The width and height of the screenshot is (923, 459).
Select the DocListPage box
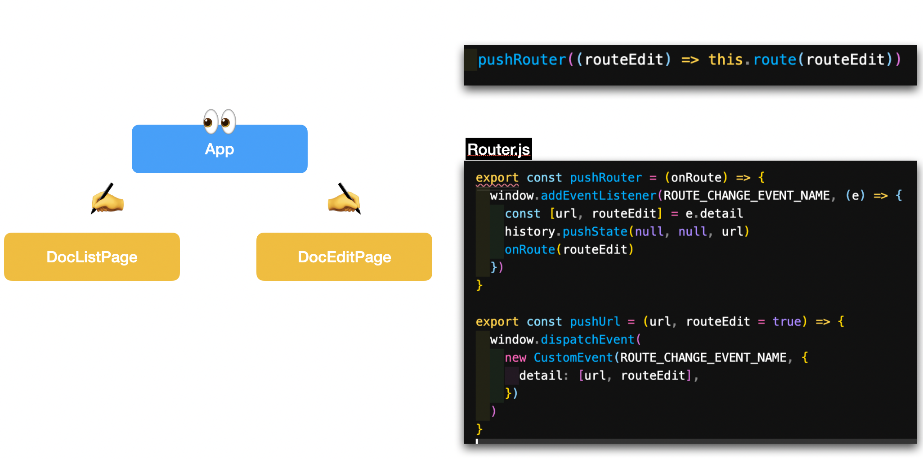[x=92, y=257]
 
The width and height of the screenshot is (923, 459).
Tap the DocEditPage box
[x=344, y=257]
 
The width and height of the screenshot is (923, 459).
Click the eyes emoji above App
[x=220, y=121]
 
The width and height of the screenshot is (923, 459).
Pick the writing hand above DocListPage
[x=107, y=199]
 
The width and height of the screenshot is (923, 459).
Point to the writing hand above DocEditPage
[x=344, y=199]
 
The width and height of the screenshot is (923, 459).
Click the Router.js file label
[x=498, y=149]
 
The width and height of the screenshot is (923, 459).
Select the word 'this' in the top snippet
[x=725, y=59]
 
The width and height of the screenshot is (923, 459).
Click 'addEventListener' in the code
[x=598, y=195]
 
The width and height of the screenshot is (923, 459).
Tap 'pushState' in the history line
[x=595, y=231]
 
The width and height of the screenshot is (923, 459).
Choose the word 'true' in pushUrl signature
[x=787, y=321]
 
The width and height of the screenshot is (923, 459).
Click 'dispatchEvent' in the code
[x=587, y=339]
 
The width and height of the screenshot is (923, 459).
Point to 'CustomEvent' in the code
[x=573, y=357]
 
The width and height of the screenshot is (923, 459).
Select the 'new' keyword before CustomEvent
[x=515, y=357]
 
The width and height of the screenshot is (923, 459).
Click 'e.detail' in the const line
[x=714, y=213]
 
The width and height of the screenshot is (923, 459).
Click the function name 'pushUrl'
[x=595, y=321]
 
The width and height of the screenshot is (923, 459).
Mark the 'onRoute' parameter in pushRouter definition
[x=696, y=177]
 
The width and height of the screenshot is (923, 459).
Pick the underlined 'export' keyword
[x=497, y=177]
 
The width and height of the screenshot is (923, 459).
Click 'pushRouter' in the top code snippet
[x=522, y=59]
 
